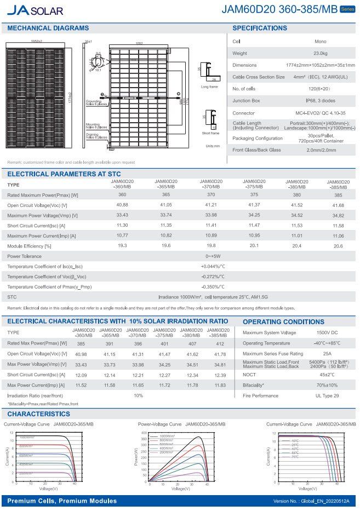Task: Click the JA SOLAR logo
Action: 35,10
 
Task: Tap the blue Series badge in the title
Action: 347,9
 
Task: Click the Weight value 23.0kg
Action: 321,53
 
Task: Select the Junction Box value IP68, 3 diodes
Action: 321,100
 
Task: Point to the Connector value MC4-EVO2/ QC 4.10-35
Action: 321,112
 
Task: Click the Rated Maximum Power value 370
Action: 211,195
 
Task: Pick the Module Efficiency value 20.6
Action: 338,246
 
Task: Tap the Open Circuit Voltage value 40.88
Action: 122,205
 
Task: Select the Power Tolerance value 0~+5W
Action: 213,256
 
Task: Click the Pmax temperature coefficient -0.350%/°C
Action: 213,287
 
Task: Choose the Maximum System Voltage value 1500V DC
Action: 327,332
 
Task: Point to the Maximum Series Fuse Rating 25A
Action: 327,354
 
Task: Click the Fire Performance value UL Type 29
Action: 327,395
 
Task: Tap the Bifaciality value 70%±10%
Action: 327,385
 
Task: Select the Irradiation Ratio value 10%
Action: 139,395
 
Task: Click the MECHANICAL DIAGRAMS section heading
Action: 48,28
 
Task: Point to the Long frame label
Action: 209,87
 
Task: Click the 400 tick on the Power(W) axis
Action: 144,433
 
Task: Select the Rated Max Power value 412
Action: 220,343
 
